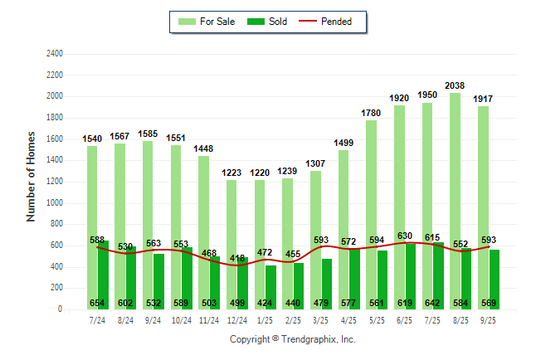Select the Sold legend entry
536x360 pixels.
268,22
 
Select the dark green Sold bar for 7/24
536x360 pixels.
103,274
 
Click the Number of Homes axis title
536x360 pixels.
31,176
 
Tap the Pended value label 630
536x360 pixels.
406,236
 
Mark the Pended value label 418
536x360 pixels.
237,259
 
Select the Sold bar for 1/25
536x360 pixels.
271,286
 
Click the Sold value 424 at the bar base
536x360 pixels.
270,304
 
